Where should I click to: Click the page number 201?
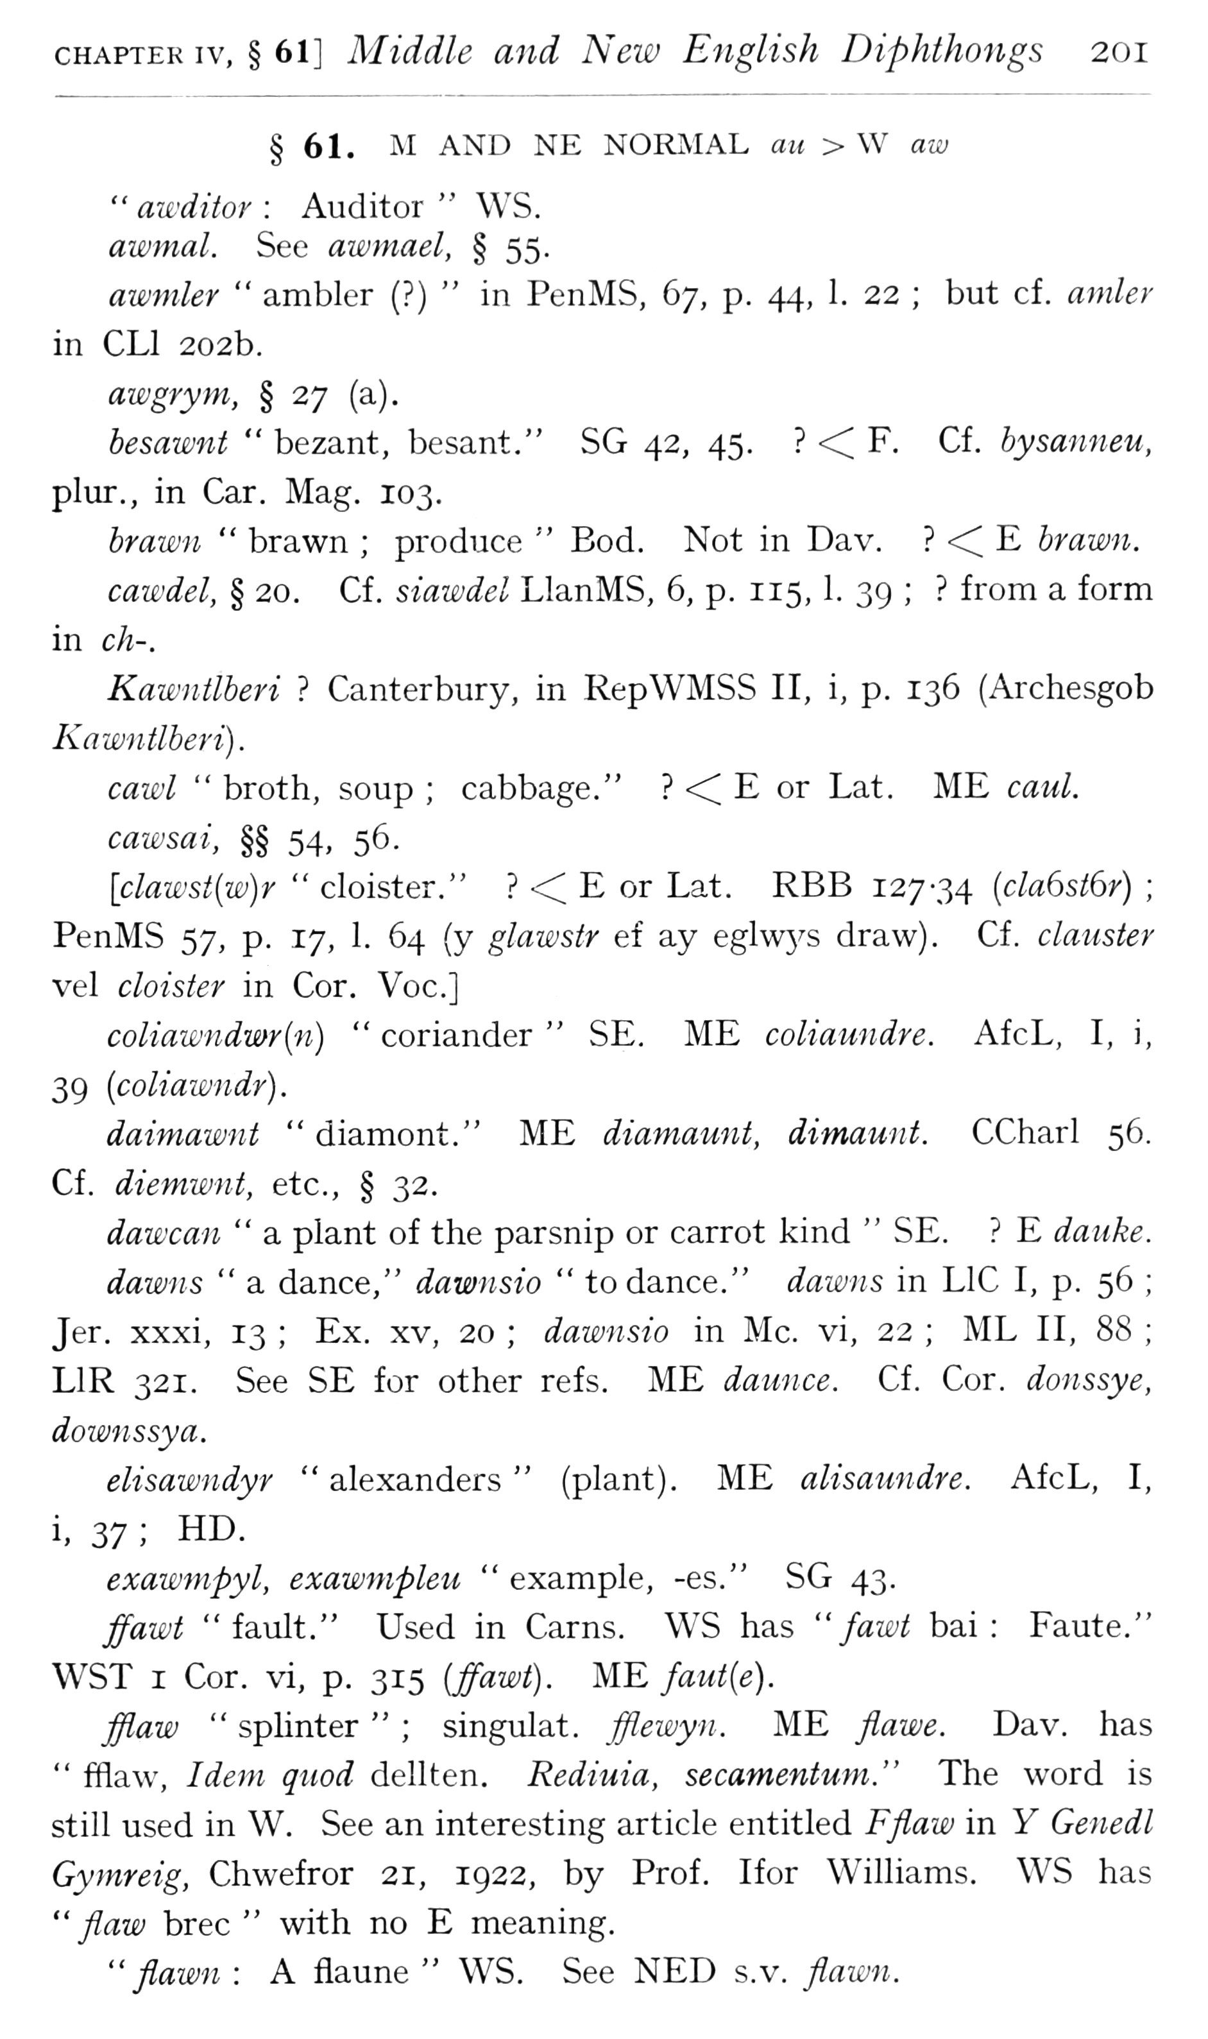click(1119, 53)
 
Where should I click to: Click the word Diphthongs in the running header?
click(941, 51)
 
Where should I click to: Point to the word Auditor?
click(362, 208)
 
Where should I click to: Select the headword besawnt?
click(169, 443)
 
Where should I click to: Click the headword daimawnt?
click(183, 1134)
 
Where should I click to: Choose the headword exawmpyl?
click(187, 1579)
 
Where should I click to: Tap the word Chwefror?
click(281, 1873)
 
